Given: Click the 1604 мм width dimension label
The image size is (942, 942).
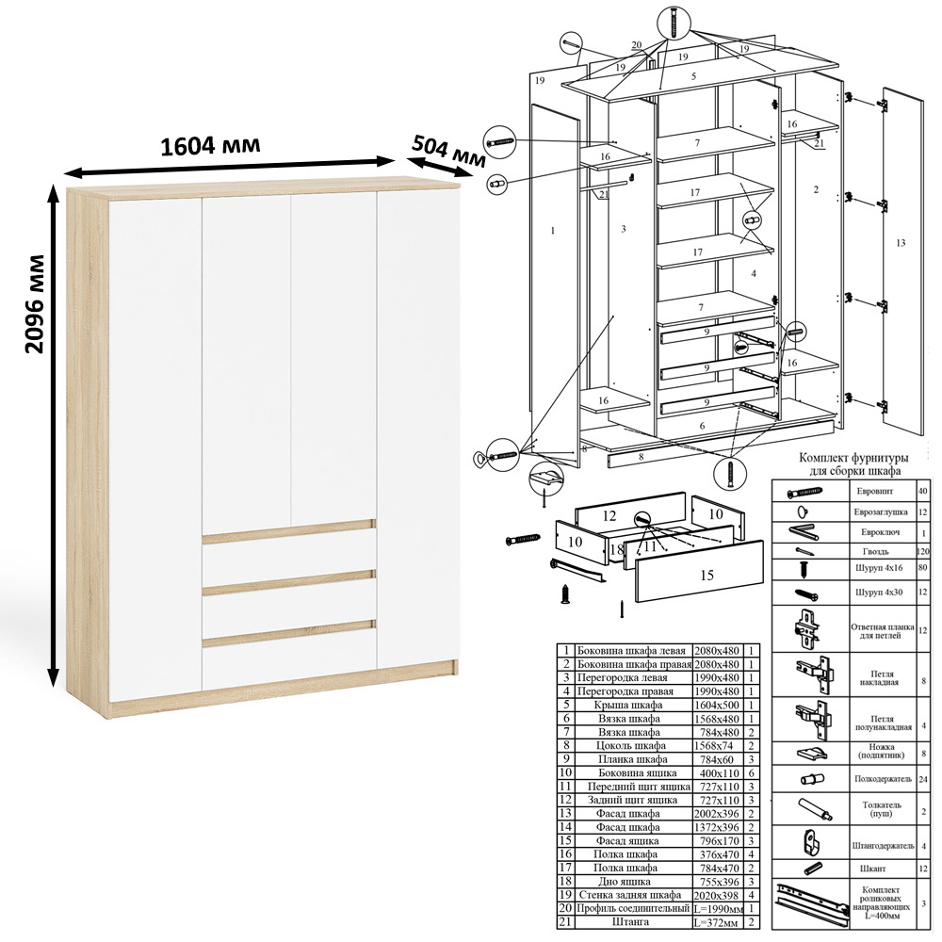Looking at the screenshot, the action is (x=210, y=146).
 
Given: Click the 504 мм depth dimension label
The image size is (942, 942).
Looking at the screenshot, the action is (x=448, y=150).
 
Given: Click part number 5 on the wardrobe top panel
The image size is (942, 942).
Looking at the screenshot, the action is (x=694, y=76).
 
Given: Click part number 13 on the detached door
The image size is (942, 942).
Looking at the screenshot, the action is (x=900, y=243).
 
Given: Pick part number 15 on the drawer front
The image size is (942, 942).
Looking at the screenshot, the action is (x=706, y=575).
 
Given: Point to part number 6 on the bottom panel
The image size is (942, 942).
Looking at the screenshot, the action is (x=702, y=426).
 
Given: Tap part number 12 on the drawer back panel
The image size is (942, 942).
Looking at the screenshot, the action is (x=609, y=515).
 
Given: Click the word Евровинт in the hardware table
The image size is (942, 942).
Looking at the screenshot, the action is (x=876, y=491).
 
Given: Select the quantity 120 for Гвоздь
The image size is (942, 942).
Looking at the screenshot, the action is (x=923, y=551).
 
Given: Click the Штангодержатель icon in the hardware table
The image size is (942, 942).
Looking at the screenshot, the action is (x=810, y=842).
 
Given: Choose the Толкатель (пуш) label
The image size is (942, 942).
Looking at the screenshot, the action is (x=882, y=808).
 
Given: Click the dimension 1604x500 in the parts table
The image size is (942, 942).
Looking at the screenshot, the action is (x=717, y=705).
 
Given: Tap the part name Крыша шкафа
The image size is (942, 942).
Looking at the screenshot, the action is (x=628, y=705).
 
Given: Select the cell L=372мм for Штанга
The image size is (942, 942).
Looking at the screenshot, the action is (x=717, y=921).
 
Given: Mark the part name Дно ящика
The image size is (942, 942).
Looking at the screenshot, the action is (x=623, y=882).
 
